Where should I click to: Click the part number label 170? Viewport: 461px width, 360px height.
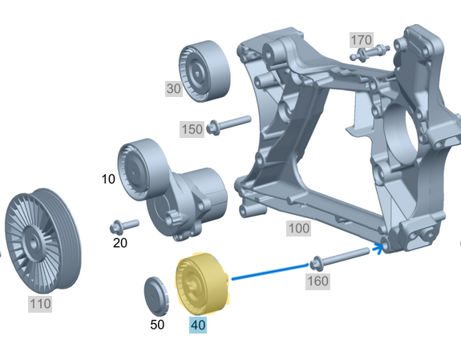point(362,40)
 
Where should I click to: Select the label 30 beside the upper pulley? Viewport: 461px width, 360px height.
point(174,88)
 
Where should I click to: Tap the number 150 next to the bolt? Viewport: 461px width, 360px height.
point(192,129)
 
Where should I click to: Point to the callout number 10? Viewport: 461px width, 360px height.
point(108,179)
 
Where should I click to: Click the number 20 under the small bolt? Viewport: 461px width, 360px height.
point(120,243)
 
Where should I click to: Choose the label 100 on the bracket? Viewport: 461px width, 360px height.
point(299,229)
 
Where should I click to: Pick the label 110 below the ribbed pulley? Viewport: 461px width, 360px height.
point(40,304)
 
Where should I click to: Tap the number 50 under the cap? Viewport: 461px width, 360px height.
point(157,325)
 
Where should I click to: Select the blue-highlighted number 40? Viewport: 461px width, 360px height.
point(198,325)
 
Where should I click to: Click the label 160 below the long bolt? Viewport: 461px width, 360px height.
point(317,281)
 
